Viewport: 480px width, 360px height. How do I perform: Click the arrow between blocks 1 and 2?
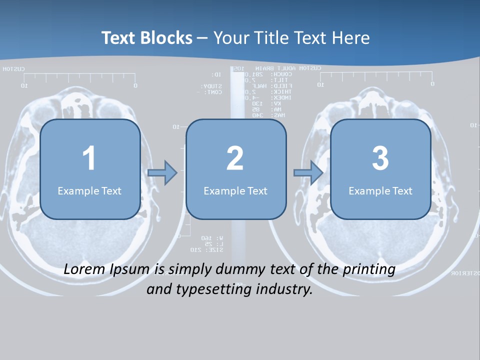(163, 173)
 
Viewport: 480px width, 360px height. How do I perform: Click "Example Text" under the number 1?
(89, 191)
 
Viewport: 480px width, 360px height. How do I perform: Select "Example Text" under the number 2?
(235, 191)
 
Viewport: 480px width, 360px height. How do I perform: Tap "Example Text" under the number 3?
(380, 191)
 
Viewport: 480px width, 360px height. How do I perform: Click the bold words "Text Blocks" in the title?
(147, 38)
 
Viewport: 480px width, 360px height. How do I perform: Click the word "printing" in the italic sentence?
(368, 269)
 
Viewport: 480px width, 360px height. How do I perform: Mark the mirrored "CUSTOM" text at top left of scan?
(13, 69)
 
